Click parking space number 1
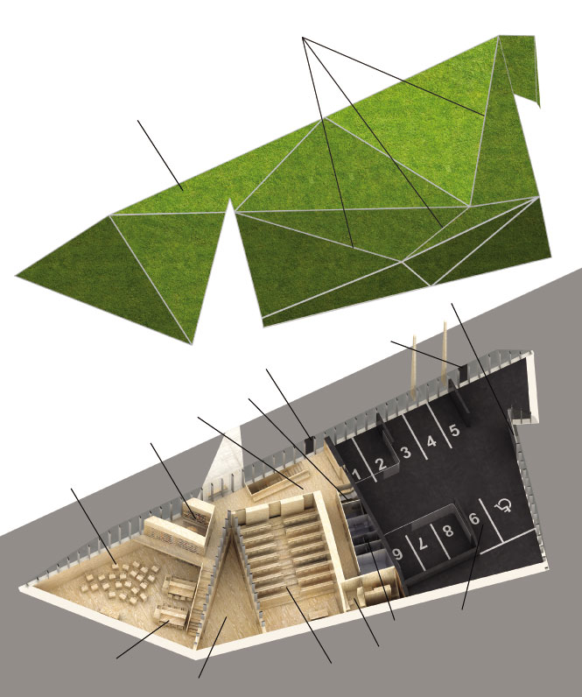pos(356,475)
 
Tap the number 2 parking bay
pos(381,464)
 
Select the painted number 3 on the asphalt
pos(405,453)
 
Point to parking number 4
pos(431,441)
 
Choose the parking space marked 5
pos(454,430)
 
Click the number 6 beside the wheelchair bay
pos(474,518)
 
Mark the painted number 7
pos(423,542)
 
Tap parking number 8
pos(448,531)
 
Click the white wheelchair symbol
pos(503,505)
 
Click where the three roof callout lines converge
pos(303,39)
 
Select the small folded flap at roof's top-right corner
pos(521,67)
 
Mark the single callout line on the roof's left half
pos(160,155)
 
